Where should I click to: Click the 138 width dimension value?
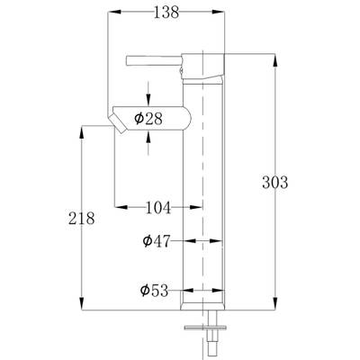point(166,13)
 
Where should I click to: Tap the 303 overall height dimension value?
point(274,182)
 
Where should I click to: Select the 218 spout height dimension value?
point(81,218)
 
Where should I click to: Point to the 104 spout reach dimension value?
point(158,207)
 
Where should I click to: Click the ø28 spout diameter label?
point(148,119)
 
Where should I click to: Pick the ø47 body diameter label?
point(157,240)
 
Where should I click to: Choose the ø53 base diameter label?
point(155,291)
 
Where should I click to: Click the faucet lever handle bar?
point(154,60)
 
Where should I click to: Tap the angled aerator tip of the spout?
point(118,123)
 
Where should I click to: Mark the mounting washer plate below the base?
point(205,328)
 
